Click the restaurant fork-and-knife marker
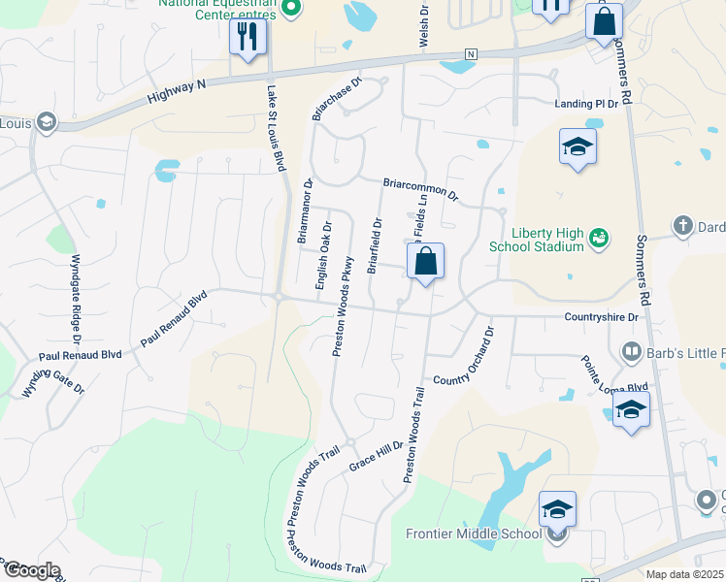pos(247,38)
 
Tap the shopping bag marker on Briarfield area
pos(425,262)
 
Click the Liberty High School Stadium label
pos(548,240)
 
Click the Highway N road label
pos(177,92)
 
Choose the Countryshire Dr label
pos(602,317)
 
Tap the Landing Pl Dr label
pos(586,104)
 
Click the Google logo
pos(31,570)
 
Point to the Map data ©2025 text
pos(683,574)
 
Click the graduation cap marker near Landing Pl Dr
pos(577,147)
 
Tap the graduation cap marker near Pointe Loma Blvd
pos(631,410)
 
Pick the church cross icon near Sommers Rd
pos(682,227)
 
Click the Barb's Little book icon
pos(631,351)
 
